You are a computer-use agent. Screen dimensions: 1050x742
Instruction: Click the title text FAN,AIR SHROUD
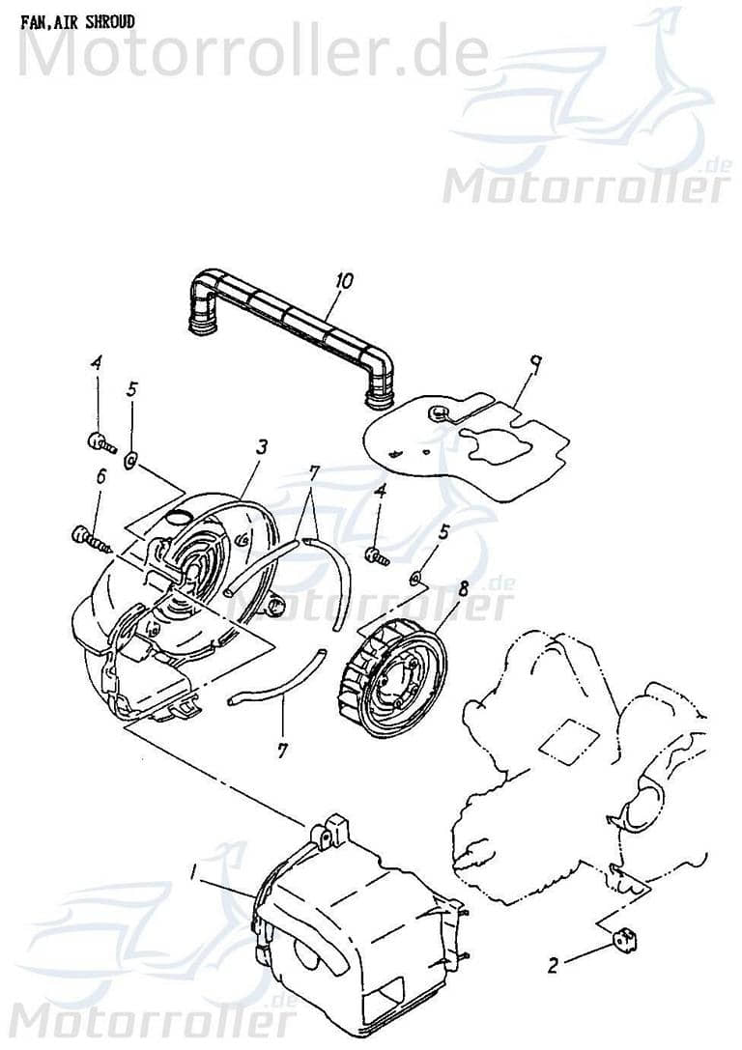pyautogui.click(x=77, y=21)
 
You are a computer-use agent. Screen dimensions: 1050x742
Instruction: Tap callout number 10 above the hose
pyautogui.click(x=344, y=282)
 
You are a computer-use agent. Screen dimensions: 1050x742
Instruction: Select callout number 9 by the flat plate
pyautogui.click(x=533, y=364)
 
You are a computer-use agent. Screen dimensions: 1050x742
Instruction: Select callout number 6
pyautogui.click(x=99, y=475)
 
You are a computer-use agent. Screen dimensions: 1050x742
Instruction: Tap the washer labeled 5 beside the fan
pyautogui.click(x=414, y=579)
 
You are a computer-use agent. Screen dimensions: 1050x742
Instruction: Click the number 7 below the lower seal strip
pyautogui.click(x=282, y=750)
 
